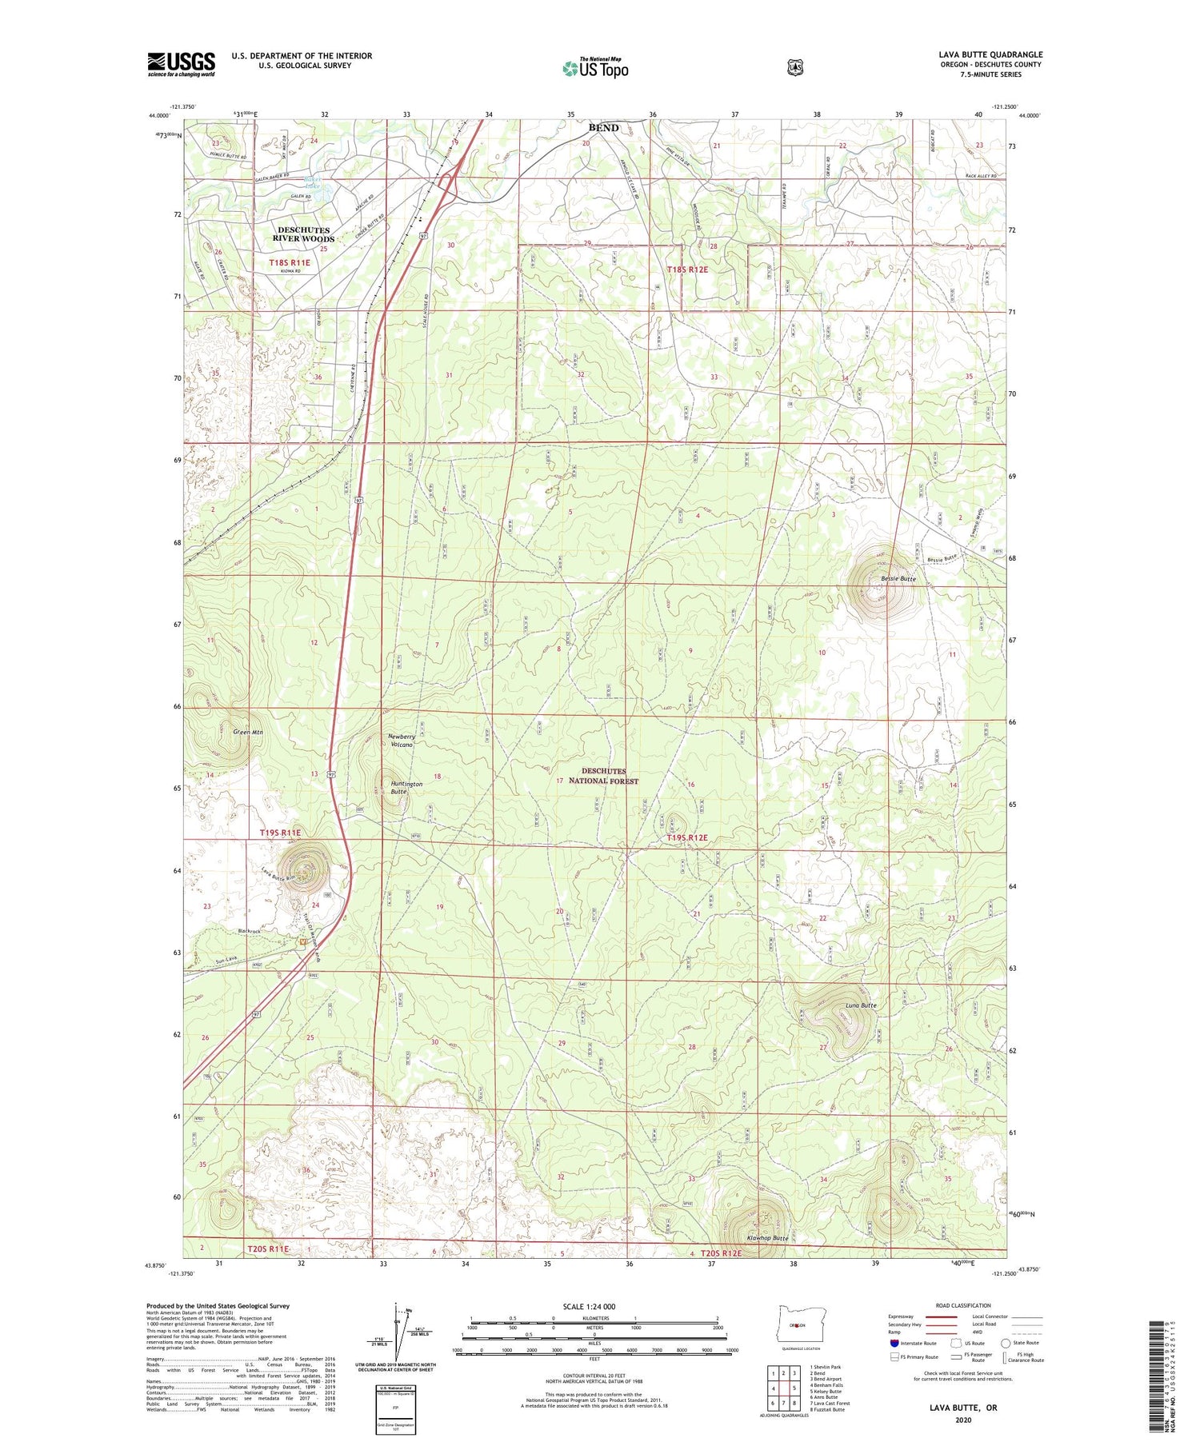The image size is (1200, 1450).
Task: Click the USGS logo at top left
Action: [181, 64]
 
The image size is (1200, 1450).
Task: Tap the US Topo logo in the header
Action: [595, 68]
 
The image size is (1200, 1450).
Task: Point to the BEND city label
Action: [603, 128]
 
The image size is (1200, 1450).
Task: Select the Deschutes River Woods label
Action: [303, 234]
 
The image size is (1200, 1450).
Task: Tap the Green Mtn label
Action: [248, 732]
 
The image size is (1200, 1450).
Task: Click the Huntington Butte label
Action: [406, 788]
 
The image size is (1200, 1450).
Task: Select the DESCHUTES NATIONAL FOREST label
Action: [604, 776]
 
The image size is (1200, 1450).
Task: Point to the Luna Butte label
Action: [861, 1005]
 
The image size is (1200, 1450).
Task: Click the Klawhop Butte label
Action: [767, 1237]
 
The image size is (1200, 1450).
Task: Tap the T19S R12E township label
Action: [687, 838]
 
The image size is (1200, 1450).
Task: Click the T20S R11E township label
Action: [267, 1248]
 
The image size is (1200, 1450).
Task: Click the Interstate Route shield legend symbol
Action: [895, 1343]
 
